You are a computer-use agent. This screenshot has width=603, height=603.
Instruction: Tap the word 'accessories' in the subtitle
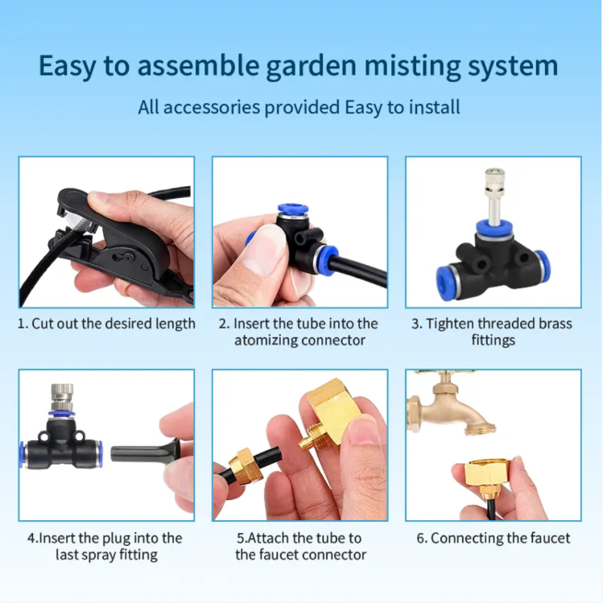tap(212, 107)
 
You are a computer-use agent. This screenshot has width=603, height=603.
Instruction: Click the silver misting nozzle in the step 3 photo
tap(494, 196)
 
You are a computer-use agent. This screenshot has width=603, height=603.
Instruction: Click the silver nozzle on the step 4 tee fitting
tap(62, 397)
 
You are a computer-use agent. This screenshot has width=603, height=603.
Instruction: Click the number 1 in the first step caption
tap(22, 324)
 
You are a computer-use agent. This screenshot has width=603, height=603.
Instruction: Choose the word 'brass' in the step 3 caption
tap(555, 324)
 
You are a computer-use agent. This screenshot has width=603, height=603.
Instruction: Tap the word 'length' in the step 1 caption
tap(176, 324)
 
